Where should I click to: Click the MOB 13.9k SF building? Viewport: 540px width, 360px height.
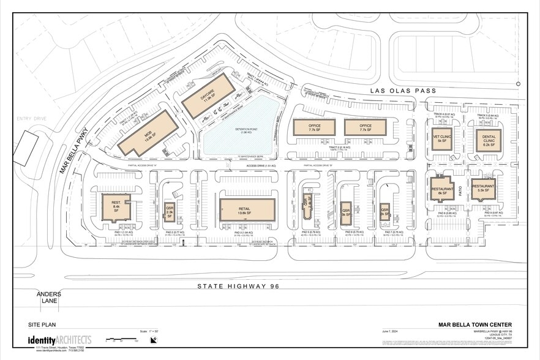point(144,133)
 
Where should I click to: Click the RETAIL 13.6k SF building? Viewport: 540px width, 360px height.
point(247,209)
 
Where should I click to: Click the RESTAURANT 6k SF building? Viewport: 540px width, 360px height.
point(441,189)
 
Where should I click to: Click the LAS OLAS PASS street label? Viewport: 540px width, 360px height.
point(403,91)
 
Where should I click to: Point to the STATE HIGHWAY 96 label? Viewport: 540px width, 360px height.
point(235,286)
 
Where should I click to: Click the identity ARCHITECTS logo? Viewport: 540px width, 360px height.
point(59,340)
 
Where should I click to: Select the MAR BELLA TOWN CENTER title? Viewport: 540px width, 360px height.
point(475,325)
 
